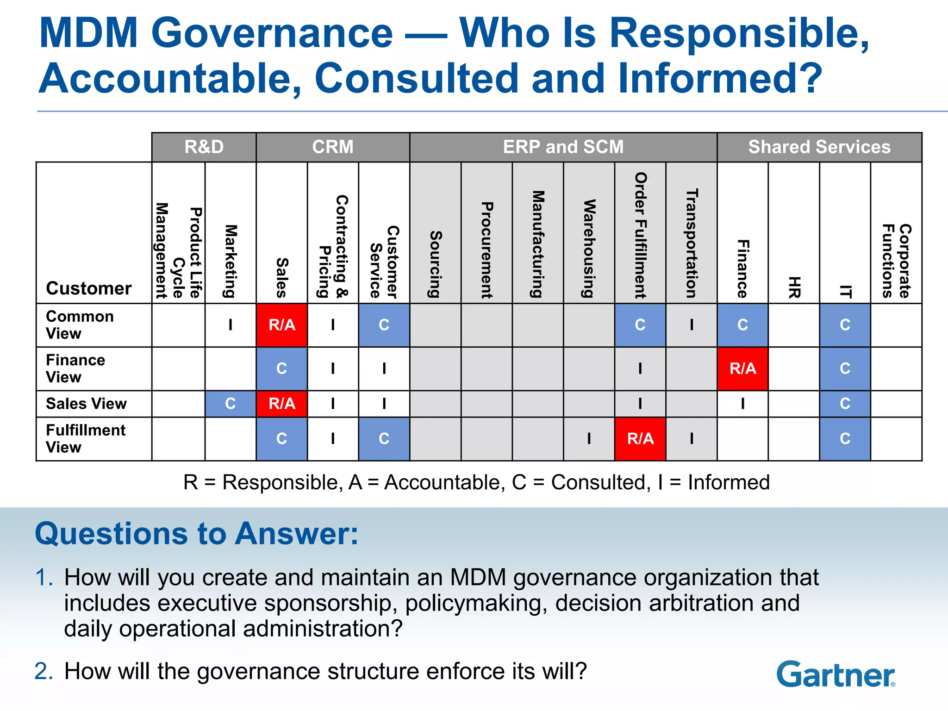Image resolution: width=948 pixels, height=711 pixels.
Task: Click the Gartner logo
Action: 836,674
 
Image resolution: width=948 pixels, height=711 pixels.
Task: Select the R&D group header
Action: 204,147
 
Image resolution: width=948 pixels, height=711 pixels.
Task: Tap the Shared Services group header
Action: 819,147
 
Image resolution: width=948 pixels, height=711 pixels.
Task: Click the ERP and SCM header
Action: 563,147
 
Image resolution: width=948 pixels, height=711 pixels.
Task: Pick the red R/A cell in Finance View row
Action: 742,368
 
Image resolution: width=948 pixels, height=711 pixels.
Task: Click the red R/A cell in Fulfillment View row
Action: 640,438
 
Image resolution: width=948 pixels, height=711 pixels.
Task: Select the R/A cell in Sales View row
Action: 282,404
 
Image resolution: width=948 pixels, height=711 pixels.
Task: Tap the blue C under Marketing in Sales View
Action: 231,404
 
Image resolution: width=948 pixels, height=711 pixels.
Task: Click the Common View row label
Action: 80,324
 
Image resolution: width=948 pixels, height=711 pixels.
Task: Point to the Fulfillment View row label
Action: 85,438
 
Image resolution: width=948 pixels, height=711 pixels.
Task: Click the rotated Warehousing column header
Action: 589,248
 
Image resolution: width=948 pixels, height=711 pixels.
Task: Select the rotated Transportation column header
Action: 691,243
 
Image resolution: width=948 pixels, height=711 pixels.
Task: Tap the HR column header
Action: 794,287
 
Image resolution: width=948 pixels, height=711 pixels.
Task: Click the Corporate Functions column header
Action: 896,261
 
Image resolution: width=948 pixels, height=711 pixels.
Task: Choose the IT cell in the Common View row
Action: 845,325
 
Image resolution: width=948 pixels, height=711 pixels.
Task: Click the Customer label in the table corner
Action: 89,288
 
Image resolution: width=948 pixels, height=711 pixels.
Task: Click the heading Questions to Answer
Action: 197,534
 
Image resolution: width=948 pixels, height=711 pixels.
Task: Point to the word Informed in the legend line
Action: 729,482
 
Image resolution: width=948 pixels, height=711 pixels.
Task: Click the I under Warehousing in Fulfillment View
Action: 589,438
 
